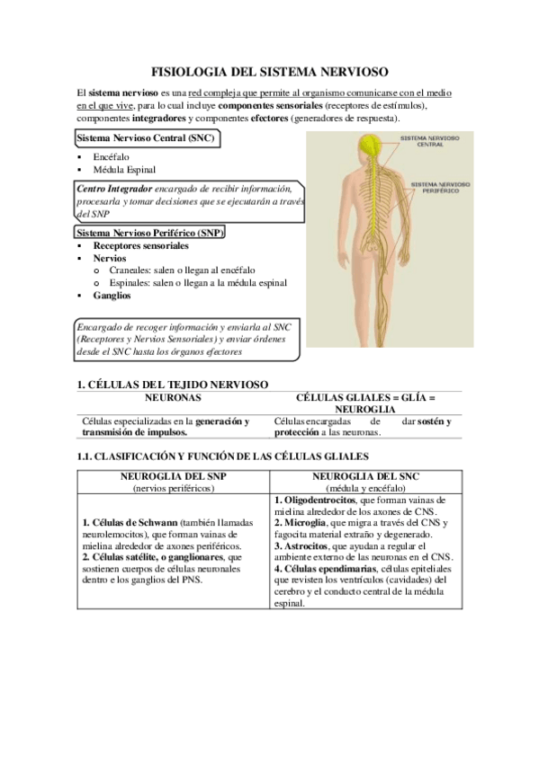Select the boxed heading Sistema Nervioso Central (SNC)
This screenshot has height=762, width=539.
tap(146, 139)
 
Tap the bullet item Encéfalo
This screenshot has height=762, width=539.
tap(111, 156)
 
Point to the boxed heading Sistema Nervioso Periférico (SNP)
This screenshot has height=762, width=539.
tap(150, 233)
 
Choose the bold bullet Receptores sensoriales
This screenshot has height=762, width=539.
tap(140, 245)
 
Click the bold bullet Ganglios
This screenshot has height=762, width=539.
tap(112, 295)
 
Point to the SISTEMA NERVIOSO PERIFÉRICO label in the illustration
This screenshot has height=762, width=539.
tap(436, 187)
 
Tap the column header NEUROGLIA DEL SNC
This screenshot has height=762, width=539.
tap(366, 475)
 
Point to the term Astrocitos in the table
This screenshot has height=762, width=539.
tap(306, 545)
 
